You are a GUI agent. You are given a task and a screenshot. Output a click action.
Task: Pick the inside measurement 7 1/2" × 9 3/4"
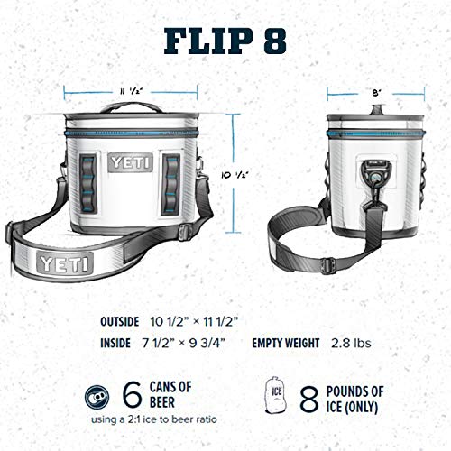pos(184,343)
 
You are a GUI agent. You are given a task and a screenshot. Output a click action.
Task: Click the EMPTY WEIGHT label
pos(285,343)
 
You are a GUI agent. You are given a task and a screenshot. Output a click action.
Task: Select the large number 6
pos(132,394)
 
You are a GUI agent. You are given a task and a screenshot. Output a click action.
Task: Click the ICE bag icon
pos(279,394)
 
